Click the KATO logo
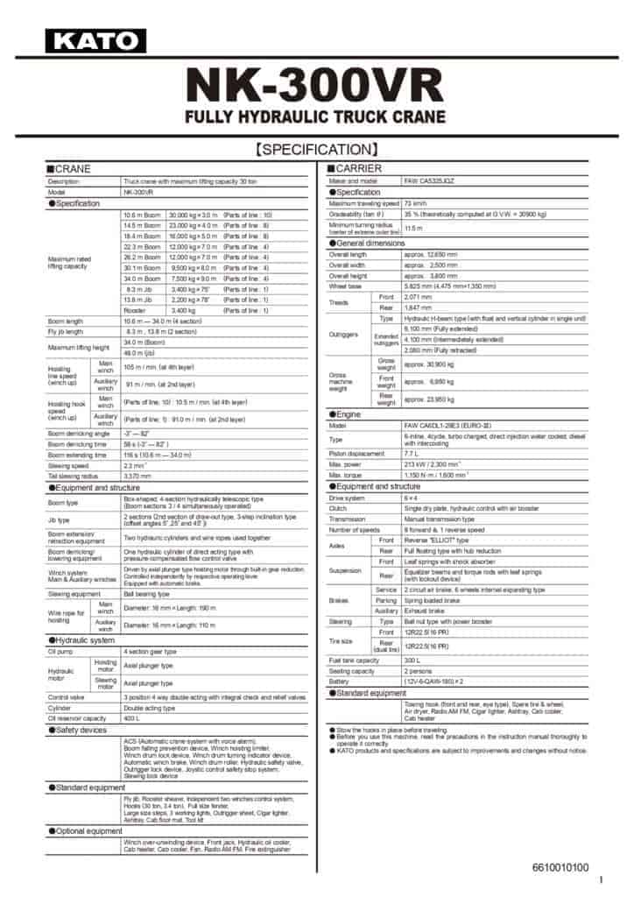(x=95, y=41)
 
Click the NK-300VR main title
(x=317, y=88)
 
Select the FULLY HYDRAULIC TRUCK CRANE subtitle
(x=317, y=119)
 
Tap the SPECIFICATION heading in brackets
(x=317, y=150)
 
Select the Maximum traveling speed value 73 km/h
(x=415, y=203)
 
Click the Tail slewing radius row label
(x=74, y=476)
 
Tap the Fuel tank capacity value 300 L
(x=412, y=660)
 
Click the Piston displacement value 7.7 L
(x=412, y=455)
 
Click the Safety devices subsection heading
(x=80, y=729)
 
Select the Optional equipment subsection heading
(x=88, y=830)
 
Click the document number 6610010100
(x=560, y=867)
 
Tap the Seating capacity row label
(x=352, y=670)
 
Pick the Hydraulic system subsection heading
(x=86, y=640)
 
